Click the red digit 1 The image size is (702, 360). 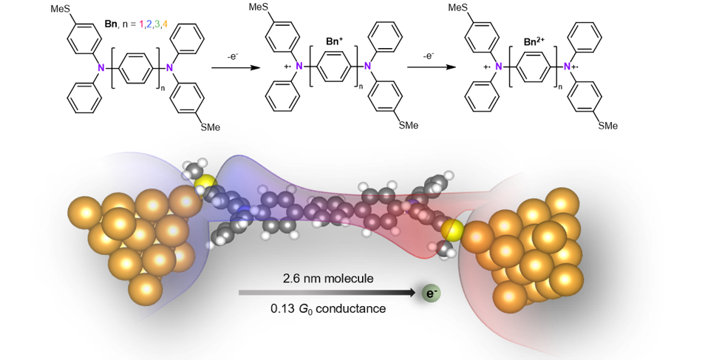[x=141, y=24]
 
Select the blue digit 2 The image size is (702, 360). [x=149, y=24]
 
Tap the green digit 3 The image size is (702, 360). [x=157, y=24]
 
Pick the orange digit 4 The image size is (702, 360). [x=165, y=24]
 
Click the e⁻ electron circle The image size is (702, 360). [x=431, y=293]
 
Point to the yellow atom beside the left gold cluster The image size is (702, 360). [x=205, y=183]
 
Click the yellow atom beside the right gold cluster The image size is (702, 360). [x=451, y=230]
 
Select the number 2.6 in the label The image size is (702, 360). [x=292, y=279]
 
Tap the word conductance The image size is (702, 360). [x=350, y=308]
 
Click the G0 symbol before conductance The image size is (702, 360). [x=305, y=309]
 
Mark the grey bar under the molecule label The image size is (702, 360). [x=325, y=293]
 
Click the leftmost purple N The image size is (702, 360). [x=100, y=68]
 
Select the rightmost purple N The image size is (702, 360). [x=567, y=67]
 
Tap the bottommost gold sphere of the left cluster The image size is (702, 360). [x=146, y=289]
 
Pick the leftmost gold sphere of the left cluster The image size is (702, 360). [x=84, y=212]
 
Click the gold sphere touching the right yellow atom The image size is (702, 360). [x=478, y=237]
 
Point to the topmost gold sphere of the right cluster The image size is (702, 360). [x=562, y=202]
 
